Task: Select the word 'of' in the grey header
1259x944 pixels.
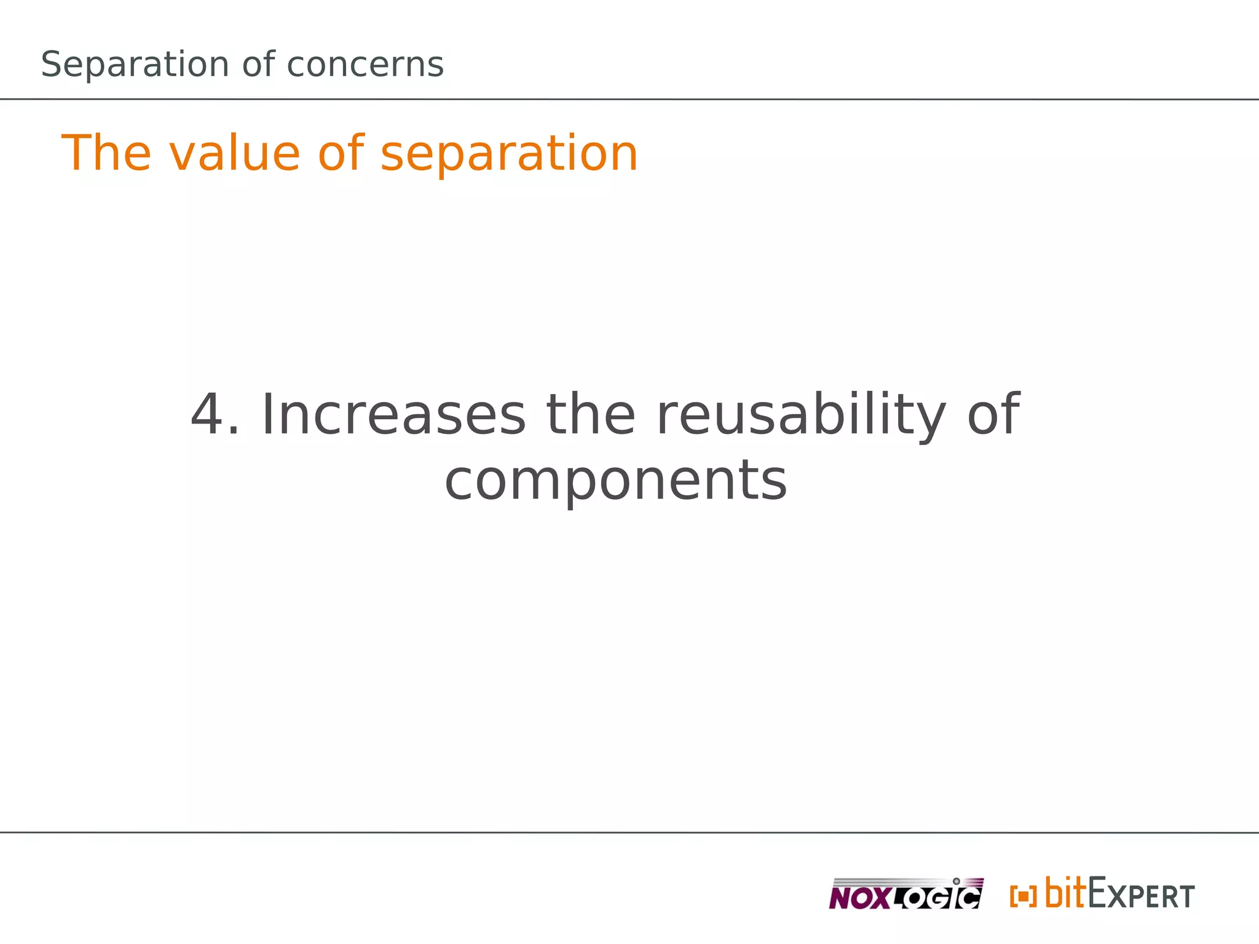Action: pos(258,65)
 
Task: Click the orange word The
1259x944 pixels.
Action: pos(106,153)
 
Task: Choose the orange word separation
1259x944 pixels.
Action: pos(509,154)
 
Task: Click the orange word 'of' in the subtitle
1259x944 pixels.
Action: pos(341,153)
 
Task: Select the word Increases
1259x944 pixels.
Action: pos(393,415)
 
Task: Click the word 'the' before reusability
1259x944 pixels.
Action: pos(591,415)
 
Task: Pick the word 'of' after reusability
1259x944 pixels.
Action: pos(993,415)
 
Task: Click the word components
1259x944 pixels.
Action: pos(615,481)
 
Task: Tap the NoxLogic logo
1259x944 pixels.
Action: pos(906,894)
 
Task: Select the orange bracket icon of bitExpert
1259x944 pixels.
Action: pos(1023,896)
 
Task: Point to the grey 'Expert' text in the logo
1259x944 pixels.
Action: pos(1141,895)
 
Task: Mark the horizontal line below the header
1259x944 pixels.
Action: pos(629,99)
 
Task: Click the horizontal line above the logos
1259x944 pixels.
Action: pos(629,833)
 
